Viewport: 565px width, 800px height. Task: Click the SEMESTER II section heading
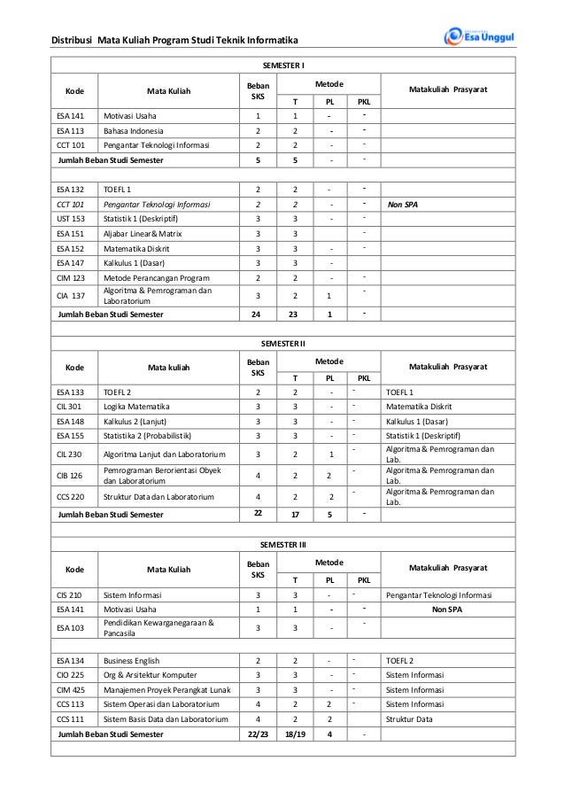coord(283,342)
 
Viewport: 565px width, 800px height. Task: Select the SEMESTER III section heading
coord(283,544)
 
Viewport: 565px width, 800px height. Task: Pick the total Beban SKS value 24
coord(258,314)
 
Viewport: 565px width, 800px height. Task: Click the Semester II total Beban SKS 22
coord(258,513)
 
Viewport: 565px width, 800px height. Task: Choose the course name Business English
coord(137,660)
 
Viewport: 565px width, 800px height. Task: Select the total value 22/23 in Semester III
coord(258,734)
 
